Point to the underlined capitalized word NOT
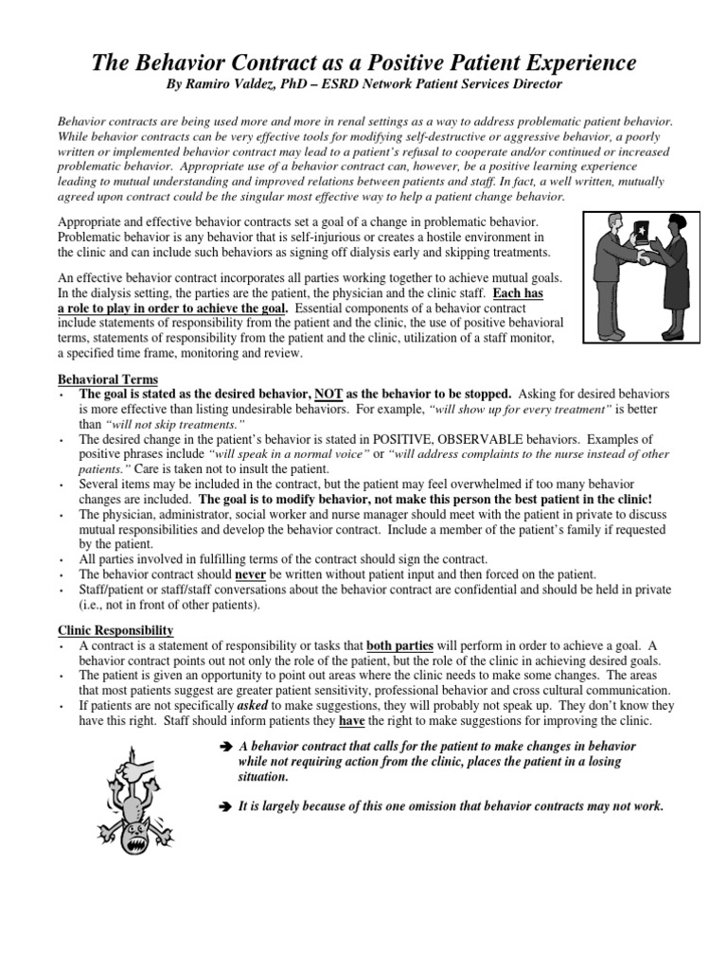tap(329, 393)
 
